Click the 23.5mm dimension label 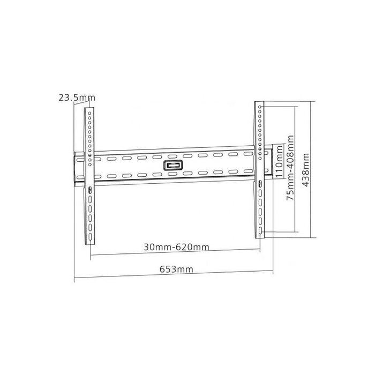(77, 97)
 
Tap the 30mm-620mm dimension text (176, 247)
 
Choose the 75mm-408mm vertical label (290, 167)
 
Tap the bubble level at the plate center (172, 166)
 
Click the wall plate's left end (75, 168)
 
